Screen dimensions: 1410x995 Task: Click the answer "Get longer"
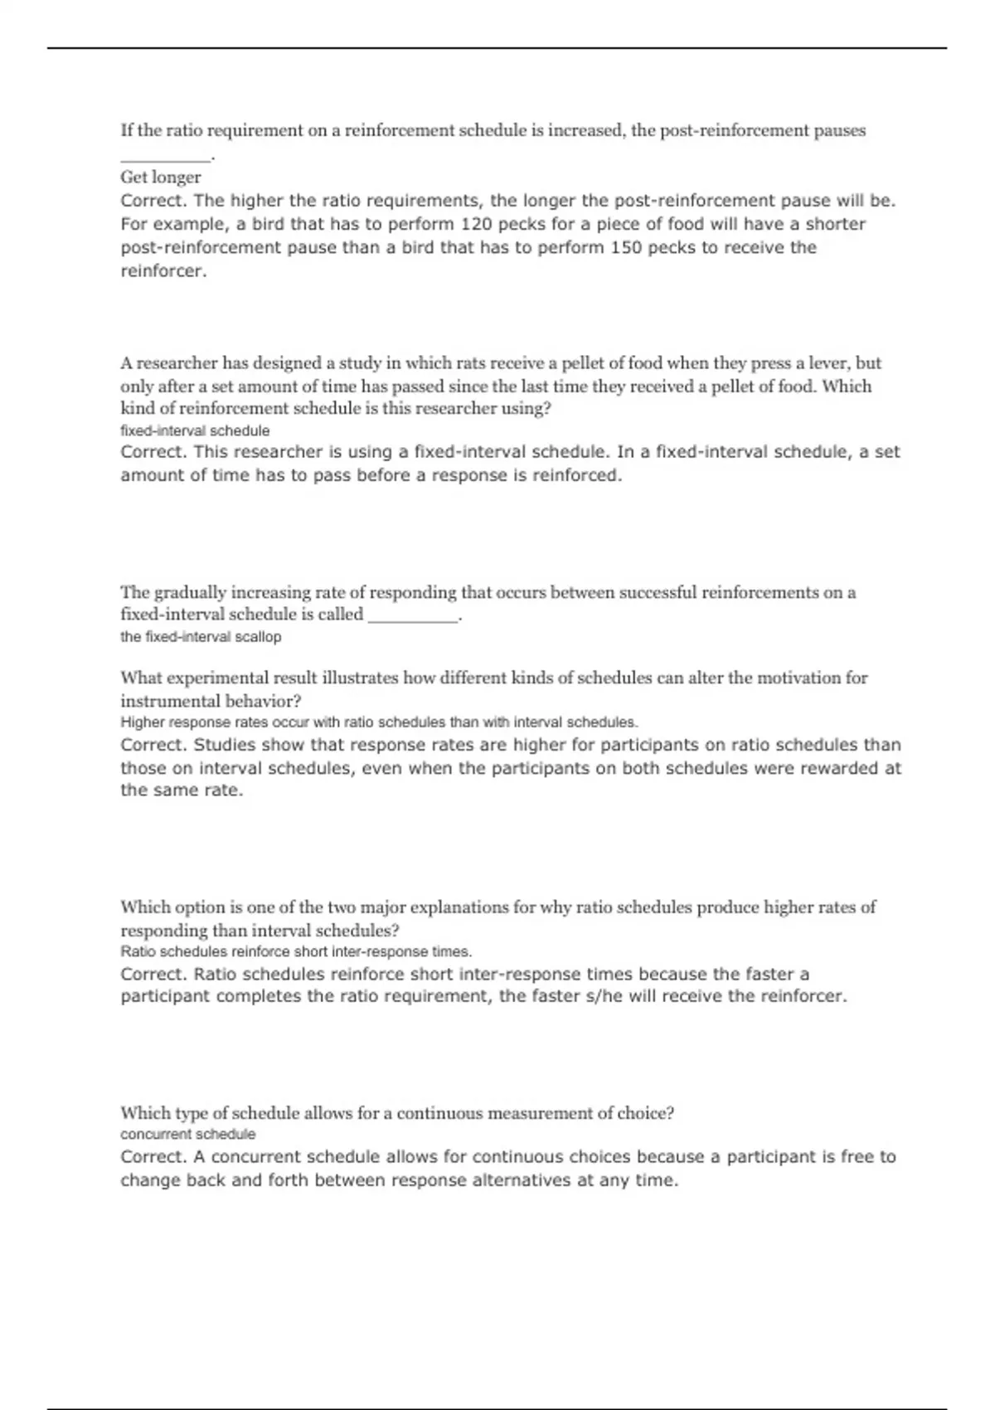(x=161, y=177)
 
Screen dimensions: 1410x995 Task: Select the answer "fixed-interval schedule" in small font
(x=195, y=431)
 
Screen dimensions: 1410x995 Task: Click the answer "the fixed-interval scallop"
(x=201, y=637)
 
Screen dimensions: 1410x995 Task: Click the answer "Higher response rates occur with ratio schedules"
(x=379, y=722)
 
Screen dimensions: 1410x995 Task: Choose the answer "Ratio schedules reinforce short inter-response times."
(x=296, y=952)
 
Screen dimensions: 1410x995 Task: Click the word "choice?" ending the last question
(x=646, y=1114)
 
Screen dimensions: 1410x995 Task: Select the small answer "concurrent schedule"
(x=188, y=1135)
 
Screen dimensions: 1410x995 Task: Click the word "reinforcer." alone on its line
(x=163, y=271)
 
